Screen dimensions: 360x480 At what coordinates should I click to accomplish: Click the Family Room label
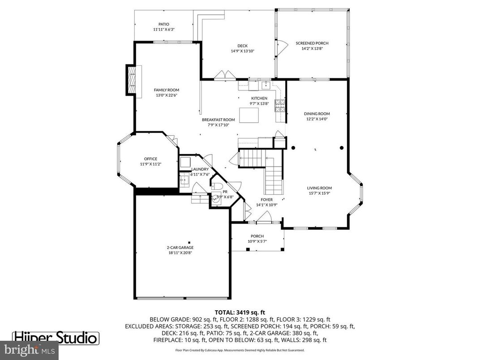tap(167, 90)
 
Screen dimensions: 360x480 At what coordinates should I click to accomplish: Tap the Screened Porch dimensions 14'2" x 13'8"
tap(312, 48)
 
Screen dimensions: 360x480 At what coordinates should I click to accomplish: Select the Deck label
tap(242, 46)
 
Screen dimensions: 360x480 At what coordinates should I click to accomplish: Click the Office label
tap(150, 159)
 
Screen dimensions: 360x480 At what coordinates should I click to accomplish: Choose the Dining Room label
tap(317, 114)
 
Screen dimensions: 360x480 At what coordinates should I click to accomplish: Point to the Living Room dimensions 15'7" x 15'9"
tap(319, 193)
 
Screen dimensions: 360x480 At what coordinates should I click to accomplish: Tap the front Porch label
tap(257, 236)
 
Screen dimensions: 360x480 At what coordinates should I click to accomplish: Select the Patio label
tap(163, 24)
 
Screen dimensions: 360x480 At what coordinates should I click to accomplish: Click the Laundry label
tap(200, 169)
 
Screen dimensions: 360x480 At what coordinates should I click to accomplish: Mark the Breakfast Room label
tap(218, 120)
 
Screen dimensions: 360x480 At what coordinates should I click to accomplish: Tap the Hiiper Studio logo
tap(56, 337)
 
